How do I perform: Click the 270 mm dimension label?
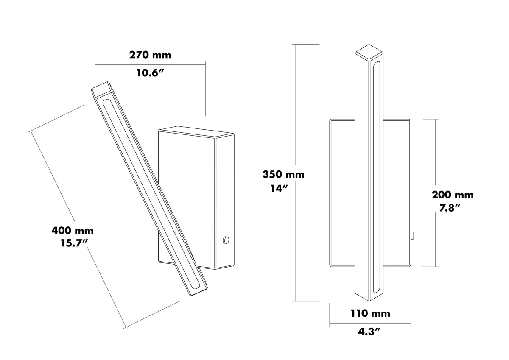click(x=150, y=55)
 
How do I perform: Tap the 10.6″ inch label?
click(x=150, y=73)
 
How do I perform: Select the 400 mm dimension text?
click(x=73, y=231)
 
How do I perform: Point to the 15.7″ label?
click(x=74, y=243)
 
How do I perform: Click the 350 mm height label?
click(x=283, y=174)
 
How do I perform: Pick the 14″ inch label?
click(x=280, y=189)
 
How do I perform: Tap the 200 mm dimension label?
click(x=453, y=195)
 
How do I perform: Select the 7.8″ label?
click(x=450, y=208)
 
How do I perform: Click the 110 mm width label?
click(x=371, y=313)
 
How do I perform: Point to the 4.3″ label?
click(x=369, y=332)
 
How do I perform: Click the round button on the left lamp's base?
click(x=226, y=240)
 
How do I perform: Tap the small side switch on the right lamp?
click(x=412, y=235)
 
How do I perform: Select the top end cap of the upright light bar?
click(x=369, y=53)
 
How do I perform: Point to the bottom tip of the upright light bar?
click(x=369, y=301)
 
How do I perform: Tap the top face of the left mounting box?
click(x=197, y=132)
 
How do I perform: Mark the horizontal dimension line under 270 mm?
click(x=150, y=65)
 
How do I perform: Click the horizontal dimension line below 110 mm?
click(x=370, y=323)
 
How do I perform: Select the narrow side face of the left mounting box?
click(x=225, y=202)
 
